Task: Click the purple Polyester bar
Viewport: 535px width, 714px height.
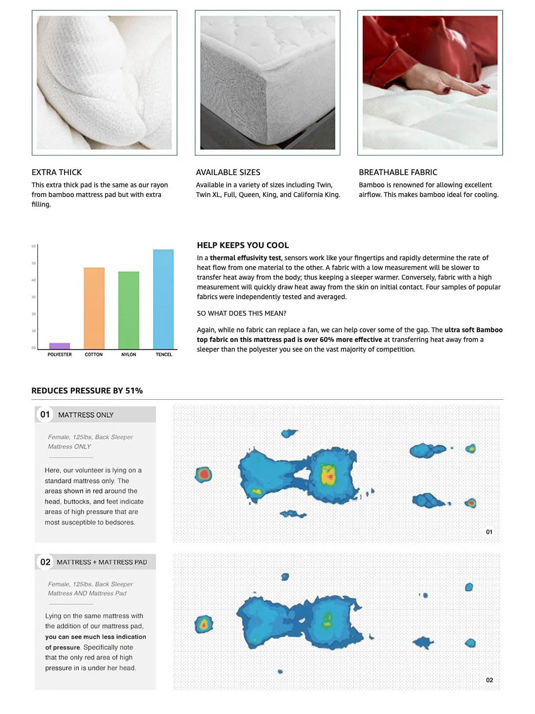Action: click(x=59, y=346)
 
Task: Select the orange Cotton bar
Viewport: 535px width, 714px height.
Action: click(x=94, y=308)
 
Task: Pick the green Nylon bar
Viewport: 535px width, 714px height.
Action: click(x=128, y=310)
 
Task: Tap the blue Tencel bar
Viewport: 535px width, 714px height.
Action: click(x=163, y=299)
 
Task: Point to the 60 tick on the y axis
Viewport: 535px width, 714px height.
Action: click(x=34, y=246)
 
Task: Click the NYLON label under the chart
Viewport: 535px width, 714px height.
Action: click(x=128, y=355)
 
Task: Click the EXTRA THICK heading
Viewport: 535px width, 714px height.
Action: click(x=56, y=172)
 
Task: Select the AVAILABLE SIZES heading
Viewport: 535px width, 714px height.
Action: click(x=228, y=172)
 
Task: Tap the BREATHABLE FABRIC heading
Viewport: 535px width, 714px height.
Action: click(x=398, y=172)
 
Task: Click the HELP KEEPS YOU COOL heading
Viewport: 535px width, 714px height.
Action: click(x=243, y=245)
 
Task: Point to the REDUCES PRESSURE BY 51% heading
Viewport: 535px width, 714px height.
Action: click(x=87, y=391)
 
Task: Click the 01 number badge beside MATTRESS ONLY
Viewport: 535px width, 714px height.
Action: click(x=45, y=414)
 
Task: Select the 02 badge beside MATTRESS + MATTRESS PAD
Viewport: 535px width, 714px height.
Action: click(x=45, y=562)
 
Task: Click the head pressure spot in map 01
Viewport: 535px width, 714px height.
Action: click(x=203, y=474)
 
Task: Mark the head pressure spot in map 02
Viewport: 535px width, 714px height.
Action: click(x=204, y=624)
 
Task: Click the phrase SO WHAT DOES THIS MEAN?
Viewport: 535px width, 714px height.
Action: click(x=242, y=313)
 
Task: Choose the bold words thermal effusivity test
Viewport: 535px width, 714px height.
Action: click(x=245, y=258)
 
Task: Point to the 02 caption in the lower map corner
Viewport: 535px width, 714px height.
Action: click(x=489, y=680)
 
